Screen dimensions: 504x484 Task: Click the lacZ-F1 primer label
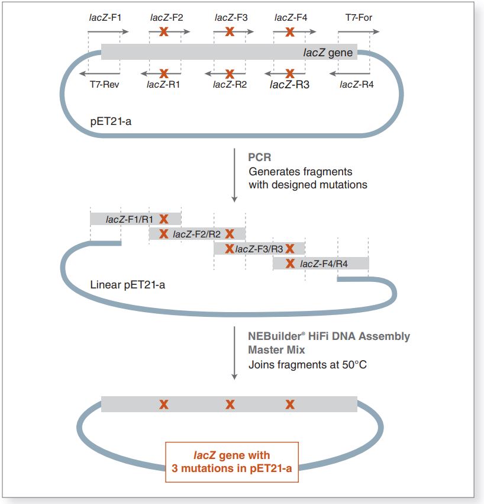(x=105, y=17)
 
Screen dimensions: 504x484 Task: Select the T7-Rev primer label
(x=105, y=85)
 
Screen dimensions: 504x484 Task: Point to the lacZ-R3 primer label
(x=289, y=85)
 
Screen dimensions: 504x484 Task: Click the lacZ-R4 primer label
(x=356, y=85)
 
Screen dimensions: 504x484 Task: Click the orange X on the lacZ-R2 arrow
(x=230, y=73)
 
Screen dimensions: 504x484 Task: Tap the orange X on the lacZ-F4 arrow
(x=290, y=32)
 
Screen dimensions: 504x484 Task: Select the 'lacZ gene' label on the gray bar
(x=328, y=53)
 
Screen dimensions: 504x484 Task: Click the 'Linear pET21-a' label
(x=127, y=285)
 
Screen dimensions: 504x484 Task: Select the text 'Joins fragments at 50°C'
(x=308, y=364)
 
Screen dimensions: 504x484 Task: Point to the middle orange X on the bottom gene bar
(x=230, y=405)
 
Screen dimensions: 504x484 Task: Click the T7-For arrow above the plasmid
(x=357, y=32)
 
